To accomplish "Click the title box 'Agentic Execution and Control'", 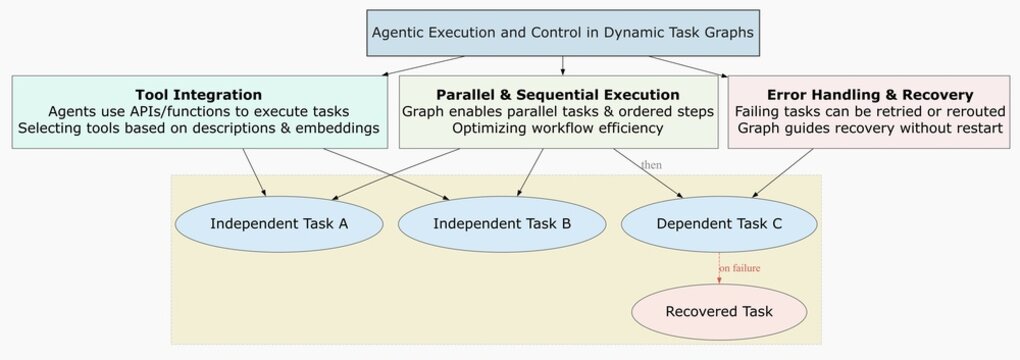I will click(562, 32).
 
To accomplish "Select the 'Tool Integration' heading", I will click(198, 94).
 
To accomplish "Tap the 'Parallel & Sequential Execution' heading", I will click(558, 94).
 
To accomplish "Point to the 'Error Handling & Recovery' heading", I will click(868, 94).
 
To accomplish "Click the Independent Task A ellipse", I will click(279, 223).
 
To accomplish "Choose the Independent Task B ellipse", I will click(502, 223).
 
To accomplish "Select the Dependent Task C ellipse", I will click(719, 223).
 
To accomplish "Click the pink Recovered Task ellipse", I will click(719, 311).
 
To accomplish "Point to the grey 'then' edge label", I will click(651, 164).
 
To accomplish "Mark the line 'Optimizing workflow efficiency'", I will click(558, 128).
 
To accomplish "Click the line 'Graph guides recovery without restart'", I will click(868, 128).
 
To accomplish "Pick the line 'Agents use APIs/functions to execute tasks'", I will click(198, 111).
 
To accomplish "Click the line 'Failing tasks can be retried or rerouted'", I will click(868, 111).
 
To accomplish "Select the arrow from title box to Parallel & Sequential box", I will click(562, 65).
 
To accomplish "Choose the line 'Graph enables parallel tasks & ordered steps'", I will click(558, 111).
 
